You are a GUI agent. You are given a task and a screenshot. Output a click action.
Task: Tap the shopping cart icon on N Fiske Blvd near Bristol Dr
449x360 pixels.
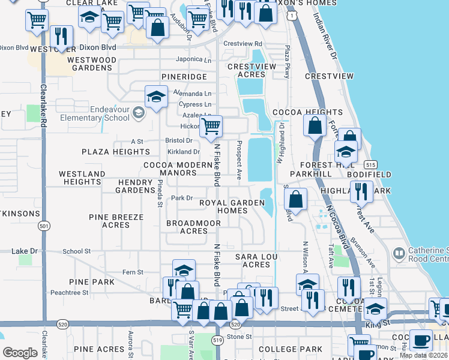pos(211,127)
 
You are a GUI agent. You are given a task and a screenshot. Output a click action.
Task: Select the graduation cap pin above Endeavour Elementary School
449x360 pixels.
pos(156,97)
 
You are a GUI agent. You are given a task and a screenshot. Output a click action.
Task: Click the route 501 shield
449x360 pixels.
pos(43,226)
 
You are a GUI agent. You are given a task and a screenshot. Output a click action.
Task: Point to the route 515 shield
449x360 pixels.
pos(370,164)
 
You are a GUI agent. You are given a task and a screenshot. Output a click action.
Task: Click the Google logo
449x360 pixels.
pos(20,353)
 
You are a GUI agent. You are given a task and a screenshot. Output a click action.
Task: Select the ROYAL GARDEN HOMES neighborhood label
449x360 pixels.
pos(232,207)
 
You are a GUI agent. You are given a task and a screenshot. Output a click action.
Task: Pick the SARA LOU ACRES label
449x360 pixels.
pos(252,260)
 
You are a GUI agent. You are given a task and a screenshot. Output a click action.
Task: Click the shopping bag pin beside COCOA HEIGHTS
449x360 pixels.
pos(315,126)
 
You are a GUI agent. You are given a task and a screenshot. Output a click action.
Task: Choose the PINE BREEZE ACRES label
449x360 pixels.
pos(116,221)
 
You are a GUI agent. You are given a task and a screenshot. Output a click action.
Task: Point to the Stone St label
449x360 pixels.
pos(239,337)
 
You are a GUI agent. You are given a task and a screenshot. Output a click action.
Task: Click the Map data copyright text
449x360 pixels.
pos(423,355)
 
